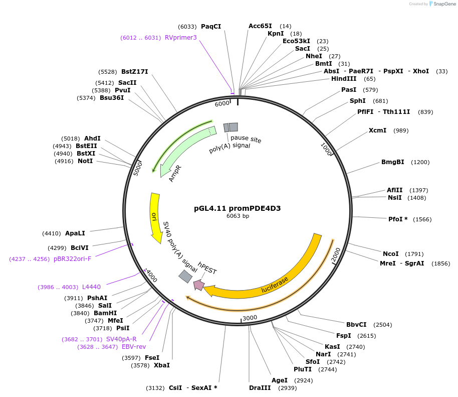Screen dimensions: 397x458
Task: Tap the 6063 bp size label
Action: click(x=238, y=216)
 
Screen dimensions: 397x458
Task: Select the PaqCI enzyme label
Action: click(x=211, y=26)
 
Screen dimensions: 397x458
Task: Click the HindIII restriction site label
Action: click(x=343, y=79)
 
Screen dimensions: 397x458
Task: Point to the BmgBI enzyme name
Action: click(x=392, y=162)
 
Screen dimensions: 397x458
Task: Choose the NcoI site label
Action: click(x=391, y=253)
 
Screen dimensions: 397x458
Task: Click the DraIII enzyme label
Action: click(x=260, y=387)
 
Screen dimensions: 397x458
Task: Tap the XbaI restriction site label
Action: click(x=161, y=365)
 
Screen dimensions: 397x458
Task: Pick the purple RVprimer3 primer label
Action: click(x=181, y=37)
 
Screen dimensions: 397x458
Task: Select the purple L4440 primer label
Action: click(x=91, y=287)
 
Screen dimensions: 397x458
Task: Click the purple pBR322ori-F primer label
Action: click(x=73, y=259)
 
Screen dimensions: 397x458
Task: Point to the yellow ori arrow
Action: click(x=154, y=216)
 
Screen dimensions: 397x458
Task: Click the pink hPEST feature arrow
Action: click(x=199, y=285)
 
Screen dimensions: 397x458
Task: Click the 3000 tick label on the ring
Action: click(x=250, y=318)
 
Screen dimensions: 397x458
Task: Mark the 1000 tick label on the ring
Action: click(x=327, y=149)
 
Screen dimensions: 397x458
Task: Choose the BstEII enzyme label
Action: click(x=86, y=146)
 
